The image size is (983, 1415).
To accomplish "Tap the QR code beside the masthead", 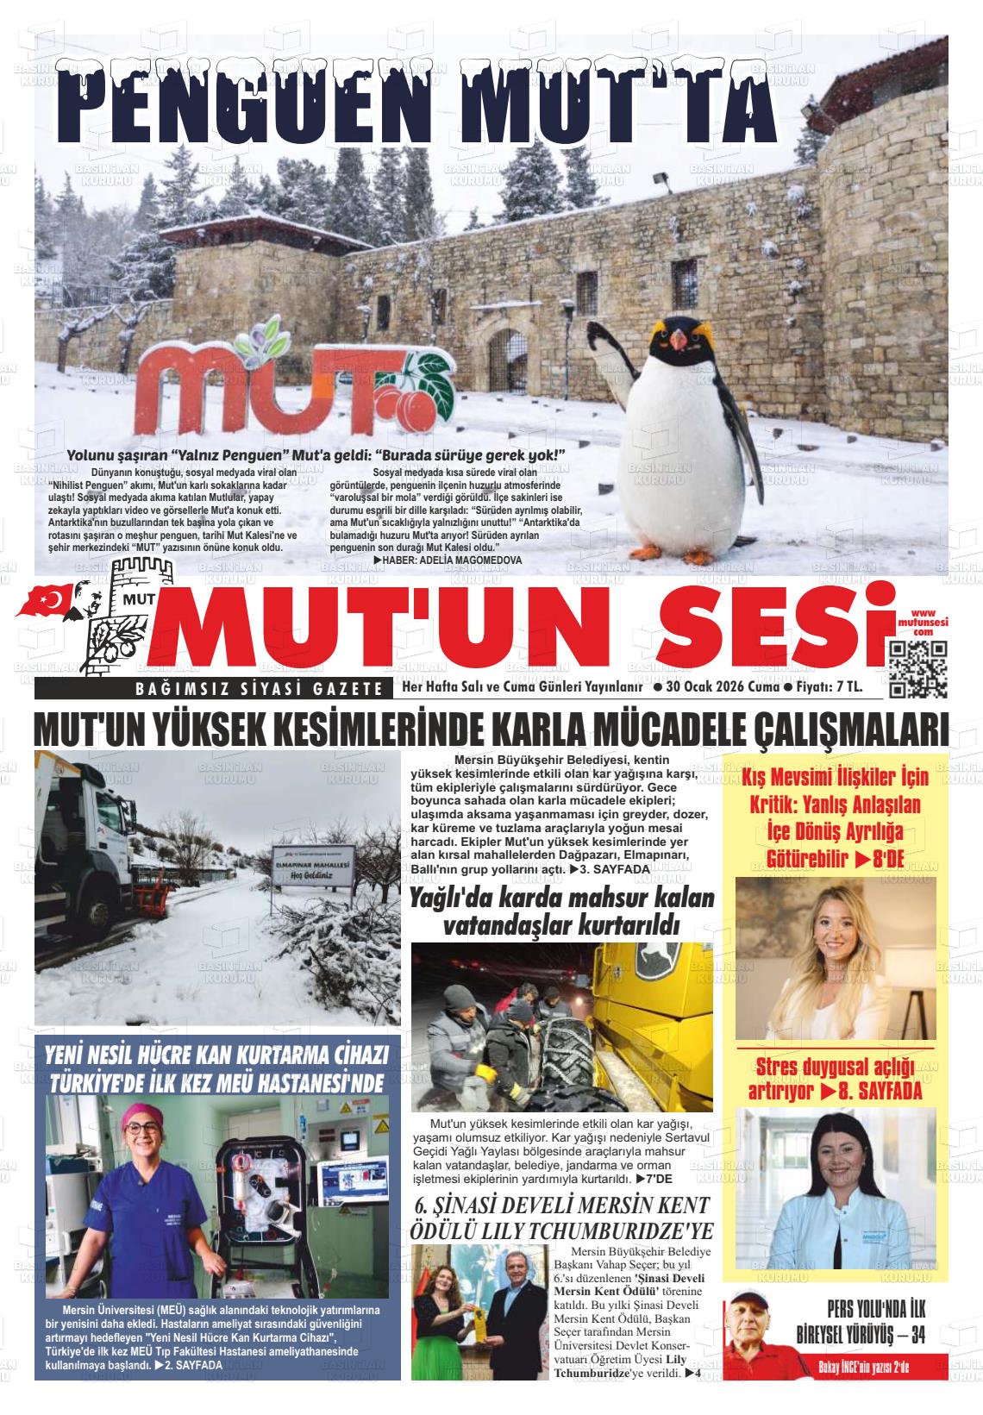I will [917, 669].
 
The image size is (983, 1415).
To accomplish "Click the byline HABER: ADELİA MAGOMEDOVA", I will [448, 560].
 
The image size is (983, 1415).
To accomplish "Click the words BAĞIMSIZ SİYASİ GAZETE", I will [260, 688].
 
